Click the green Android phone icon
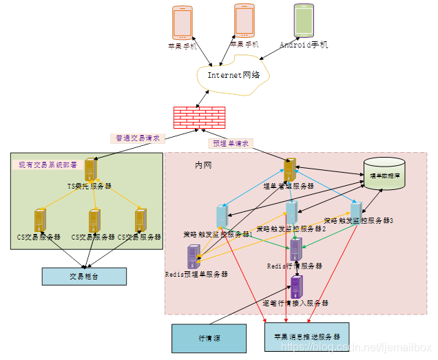pyautogui.click(x=304, y=21)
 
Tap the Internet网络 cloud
pyautogui.click(x=234, y=75)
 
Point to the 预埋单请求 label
pyautogui.click(x=231, y=143)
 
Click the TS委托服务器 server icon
pyautogui.click(x=90, y=170)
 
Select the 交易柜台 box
pyautogui.click(x=84, y=276)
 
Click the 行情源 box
pyautogui.click(x=209, y=338)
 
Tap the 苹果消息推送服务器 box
pyautogui.click(x=306, y=337)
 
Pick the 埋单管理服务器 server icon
pyautogui.click(x=290, y=169)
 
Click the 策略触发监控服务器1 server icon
pyautogui.click(x=222, y=216)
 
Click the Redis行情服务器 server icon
pyautogui.click(x=296, y=249)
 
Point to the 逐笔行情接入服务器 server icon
pyautogui.click(x=296, y=286)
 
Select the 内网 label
pyautogui.click(x=203, y=165)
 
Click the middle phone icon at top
pyautogui.click(x=244, y=21)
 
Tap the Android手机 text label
pyautogui.click(x=304, y=45)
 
